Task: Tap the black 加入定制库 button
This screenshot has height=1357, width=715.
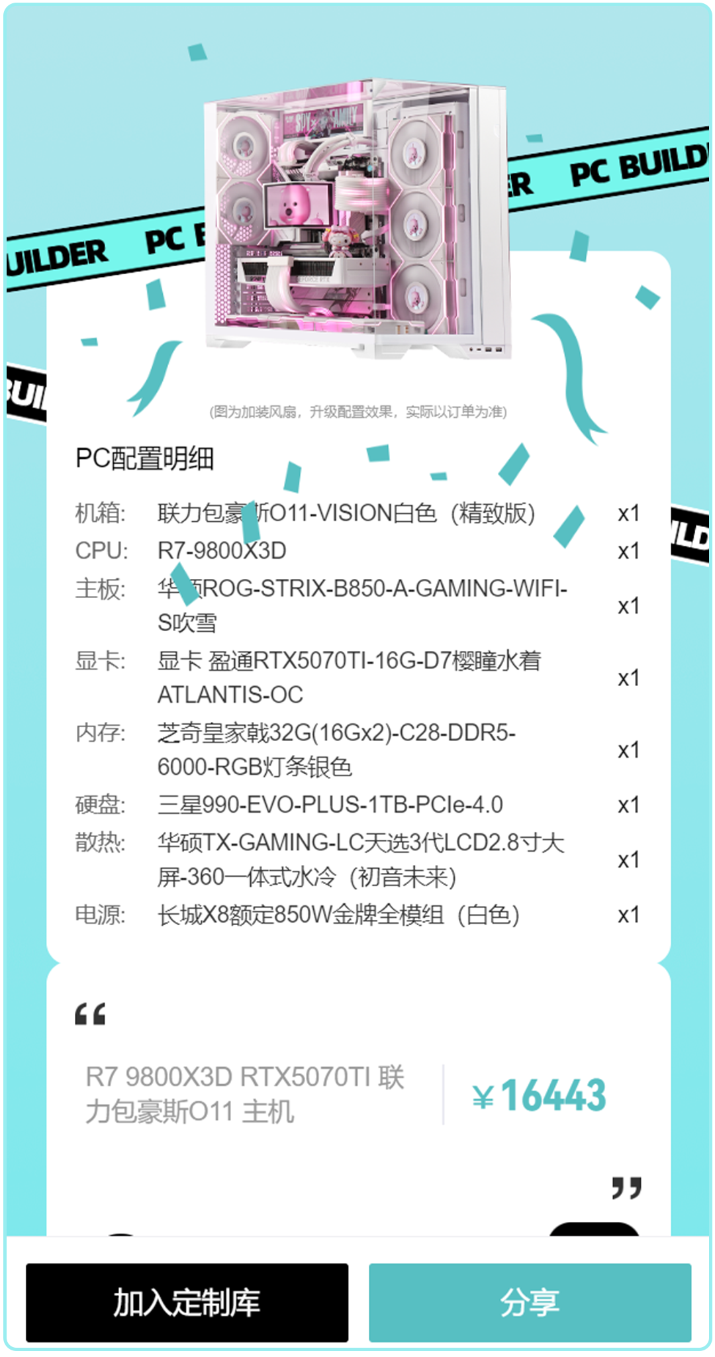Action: tap(187, 1302)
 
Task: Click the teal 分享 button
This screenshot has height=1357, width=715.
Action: tap(530, 1302)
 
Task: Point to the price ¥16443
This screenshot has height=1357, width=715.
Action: tap(540, 1095)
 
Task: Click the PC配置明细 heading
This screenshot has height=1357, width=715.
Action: tap(144, 458)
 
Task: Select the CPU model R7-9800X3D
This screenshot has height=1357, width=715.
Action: tap(222, 550)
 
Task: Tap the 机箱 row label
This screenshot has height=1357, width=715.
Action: tap(100, 513)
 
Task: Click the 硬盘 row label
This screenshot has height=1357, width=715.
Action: tap(100, 805)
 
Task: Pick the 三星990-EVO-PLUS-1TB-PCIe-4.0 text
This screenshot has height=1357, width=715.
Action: tap(330, 805)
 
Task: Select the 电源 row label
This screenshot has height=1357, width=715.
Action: tap(100, 915)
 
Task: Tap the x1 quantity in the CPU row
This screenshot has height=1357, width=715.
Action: tap(628, 551)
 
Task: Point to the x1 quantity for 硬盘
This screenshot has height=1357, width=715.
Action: tap(628, 805)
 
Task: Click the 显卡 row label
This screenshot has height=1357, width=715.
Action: tap(100, 660)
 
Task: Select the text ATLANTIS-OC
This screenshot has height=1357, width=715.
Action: tap(230, 695)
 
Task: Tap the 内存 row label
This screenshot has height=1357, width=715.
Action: tap(100, 732)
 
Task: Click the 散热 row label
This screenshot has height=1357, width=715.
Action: tap(100, 842)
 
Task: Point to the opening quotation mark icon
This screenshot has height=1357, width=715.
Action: tap(90, 1014)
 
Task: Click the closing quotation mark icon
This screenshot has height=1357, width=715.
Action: tap(626, 1187)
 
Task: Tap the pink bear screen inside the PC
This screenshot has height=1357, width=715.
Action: tap(297, 205)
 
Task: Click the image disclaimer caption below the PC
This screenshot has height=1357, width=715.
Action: tap(358, 412)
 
